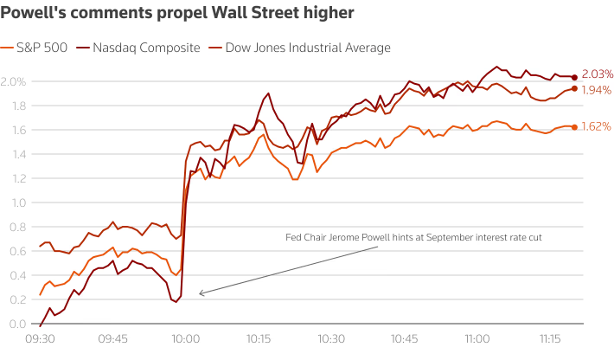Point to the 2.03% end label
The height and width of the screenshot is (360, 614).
[x=598, y=75]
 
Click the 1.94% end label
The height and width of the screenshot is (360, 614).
[x=598, y=90]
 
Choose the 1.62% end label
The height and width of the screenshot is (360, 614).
[x=598, y=126]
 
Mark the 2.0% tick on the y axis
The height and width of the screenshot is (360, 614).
[x=14, y=81]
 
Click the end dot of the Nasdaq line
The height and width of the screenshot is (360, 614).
[x=575, y=78]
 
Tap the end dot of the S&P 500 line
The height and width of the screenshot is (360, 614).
[x=575, y=127]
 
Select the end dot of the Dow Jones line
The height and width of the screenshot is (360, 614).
[x=575, y=88]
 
